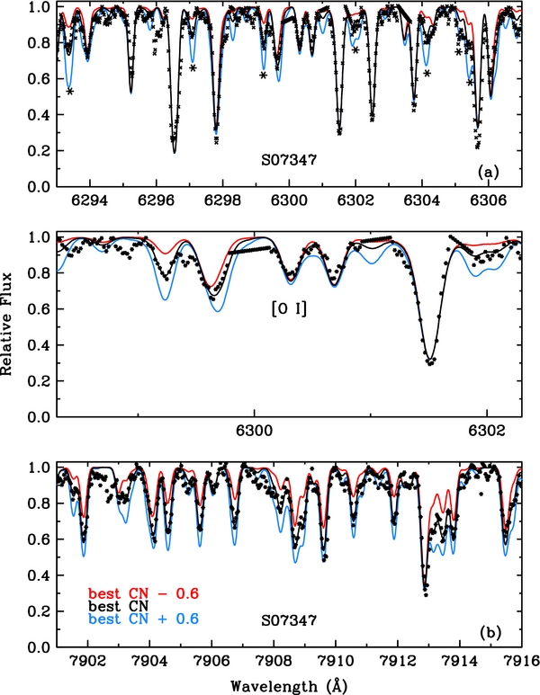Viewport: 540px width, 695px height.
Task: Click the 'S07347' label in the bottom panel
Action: (x=289, y=620)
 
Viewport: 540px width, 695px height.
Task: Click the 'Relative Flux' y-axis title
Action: (x=13, y=326)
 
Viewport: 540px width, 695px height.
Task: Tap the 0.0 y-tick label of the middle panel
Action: (x=40, y=417)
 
